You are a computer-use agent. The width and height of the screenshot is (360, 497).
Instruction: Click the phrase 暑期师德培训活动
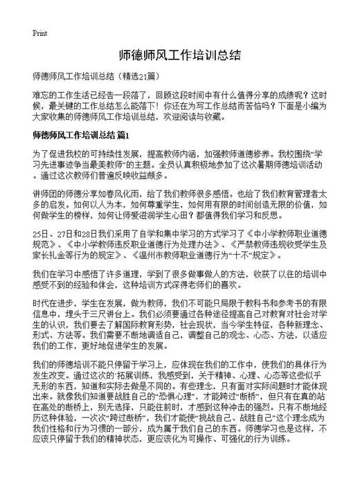tap(291, 164)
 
